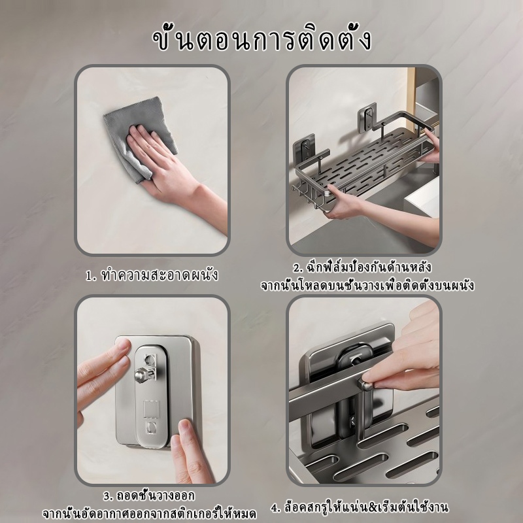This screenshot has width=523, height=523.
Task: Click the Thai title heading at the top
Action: (x=261, y=40)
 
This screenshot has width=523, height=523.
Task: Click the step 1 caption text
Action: (x=152, y=275)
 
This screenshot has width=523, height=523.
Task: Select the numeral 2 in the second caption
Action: (x=297, y=268)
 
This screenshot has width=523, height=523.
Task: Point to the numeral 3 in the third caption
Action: (x=107, y=497)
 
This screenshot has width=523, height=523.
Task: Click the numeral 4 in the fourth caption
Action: (x=275, y=508)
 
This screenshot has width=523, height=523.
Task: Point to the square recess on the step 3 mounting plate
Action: (x=152, y=409)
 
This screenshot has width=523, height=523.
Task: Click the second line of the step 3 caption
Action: (x=150, y=514)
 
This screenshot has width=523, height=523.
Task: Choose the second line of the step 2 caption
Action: (x=367, y=286)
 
